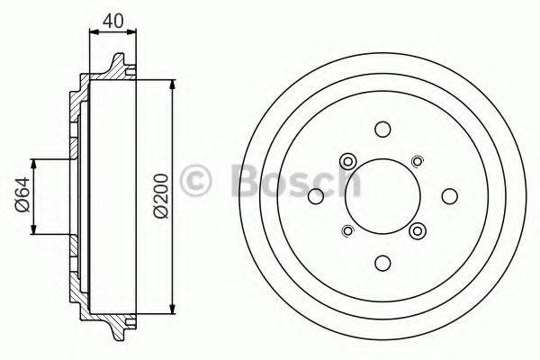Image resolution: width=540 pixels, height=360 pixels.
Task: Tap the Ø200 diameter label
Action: click(159, 195)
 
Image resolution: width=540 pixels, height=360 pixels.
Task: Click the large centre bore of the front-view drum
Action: click(382, 195)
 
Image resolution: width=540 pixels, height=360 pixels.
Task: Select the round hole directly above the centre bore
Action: click(382, 129)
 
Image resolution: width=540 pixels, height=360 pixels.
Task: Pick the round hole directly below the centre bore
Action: click(382, 262)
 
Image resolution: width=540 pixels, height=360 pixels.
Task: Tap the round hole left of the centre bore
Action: click(315, 195)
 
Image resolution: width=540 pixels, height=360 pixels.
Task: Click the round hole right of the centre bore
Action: click(448, 195)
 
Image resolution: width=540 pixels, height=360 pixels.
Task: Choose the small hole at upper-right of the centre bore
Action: click(416, 161)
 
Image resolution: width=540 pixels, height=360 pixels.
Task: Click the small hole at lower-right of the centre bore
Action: click(415, 229)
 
